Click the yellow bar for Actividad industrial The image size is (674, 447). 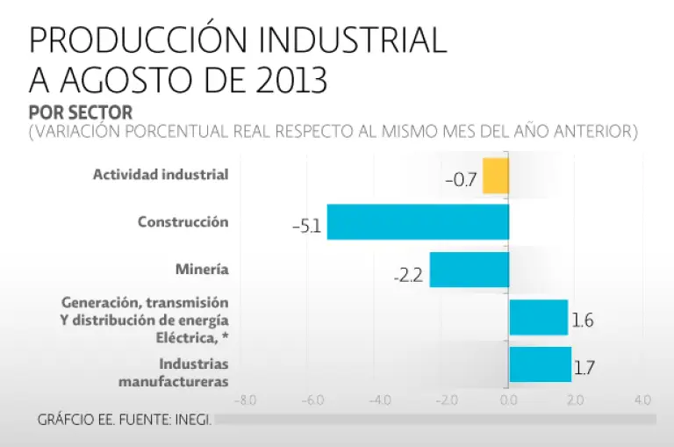pos(496,176)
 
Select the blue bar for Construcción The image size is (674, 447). pos(418,222)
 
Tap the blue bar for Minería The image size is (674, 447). pos(469,270)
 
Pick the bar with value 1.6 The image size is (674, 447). pos(538,317)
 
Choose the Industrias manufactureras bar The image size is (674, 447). pos(540,364)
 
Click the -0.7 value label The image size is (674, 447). pos(461,181)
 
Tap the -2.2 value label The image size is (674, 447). pos(409,275)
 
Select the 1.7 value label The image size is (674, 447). pos(584,368)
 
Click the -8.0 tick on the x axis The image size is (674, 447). pos(245,400)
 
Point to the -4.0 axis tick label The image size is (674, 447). pos(378,400)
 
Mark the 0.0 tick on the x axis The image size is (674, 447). pos(509,400)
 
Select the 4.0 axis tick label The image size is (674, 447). pos(642,400)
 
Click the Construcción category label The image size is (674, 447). pos(183,222)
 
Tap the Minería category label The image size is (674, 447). pos(202,270)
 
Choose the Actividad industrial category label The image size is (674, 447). pos(161,174)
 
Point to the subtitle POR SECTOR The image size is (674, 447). pos(81,112)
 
